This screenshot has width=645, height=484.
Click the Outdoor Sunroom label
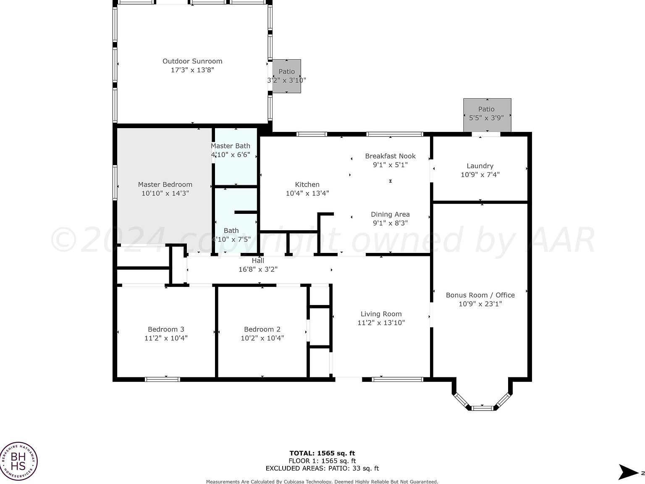[x=192, y=61]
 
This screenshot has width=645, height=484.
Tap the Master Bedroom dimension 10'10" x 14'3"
[x=165, y=193]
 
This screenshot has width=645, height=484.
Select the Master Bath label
[x=230, y=146]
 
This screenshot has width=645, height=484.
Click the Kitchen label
[x=307, y=184]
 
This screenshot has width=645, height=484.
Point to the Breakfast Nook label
[x=390, y=156]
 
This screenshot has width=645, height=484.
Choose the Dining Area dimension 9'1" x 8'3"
[x=390, y=223]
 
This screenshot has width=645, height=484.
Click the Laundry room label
[x=480, y=166]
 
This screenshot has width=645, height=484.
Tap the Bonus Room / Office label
[x=480, y=295]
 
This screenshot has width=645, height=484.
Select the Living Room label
[x=381, y=314]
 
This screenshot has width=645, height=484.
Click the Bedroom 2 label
[x=262, y=329]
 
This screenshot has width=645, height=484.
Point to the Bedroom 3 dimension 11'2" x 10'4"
[x=166, y=338]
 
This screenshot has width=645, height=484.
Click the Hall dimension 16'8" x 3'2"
[x=258, y=269]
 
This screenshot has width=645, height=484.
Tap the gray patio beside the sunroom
[x=287, y=76]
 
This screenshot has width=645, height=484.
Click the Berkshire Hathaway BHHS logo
[x=18, y=461]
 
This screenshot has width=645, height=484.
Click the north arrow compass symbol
[x=629, y=472]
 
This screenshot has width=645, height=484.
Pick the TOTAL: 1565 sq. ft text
[x=322, y=453]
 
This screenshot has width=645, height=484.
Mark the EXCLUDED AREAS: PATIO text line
[x=322, y=468]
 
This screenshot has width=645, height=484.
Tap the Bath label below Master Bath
[x=231, y=230]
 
